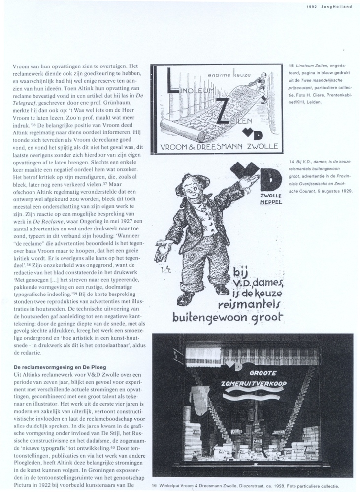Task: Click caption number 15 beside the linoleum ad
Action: (291, 66)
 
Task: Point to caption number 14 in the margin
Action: (291, 162)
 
